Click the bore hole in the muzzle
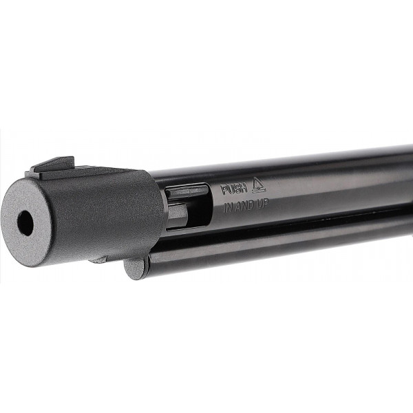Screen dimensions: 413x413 tap(25, 223)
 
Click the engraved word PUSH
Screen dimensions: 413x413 tap(234, 189)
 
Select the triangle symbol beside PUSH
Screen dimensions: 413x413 tap(260, 185)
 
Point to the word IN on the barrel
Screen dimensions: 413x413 tap(228, 208)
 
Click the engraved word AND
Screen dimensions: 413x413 tap(245, 206)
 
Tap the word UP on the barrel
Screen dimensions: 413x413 tap(262, 204)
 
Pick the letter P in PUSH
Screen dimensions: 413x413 tap(224, 190)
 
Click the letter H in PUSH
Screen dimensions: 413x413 tap(244, 188)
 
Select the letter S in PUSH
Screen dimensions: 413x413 tap(237, 189)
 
